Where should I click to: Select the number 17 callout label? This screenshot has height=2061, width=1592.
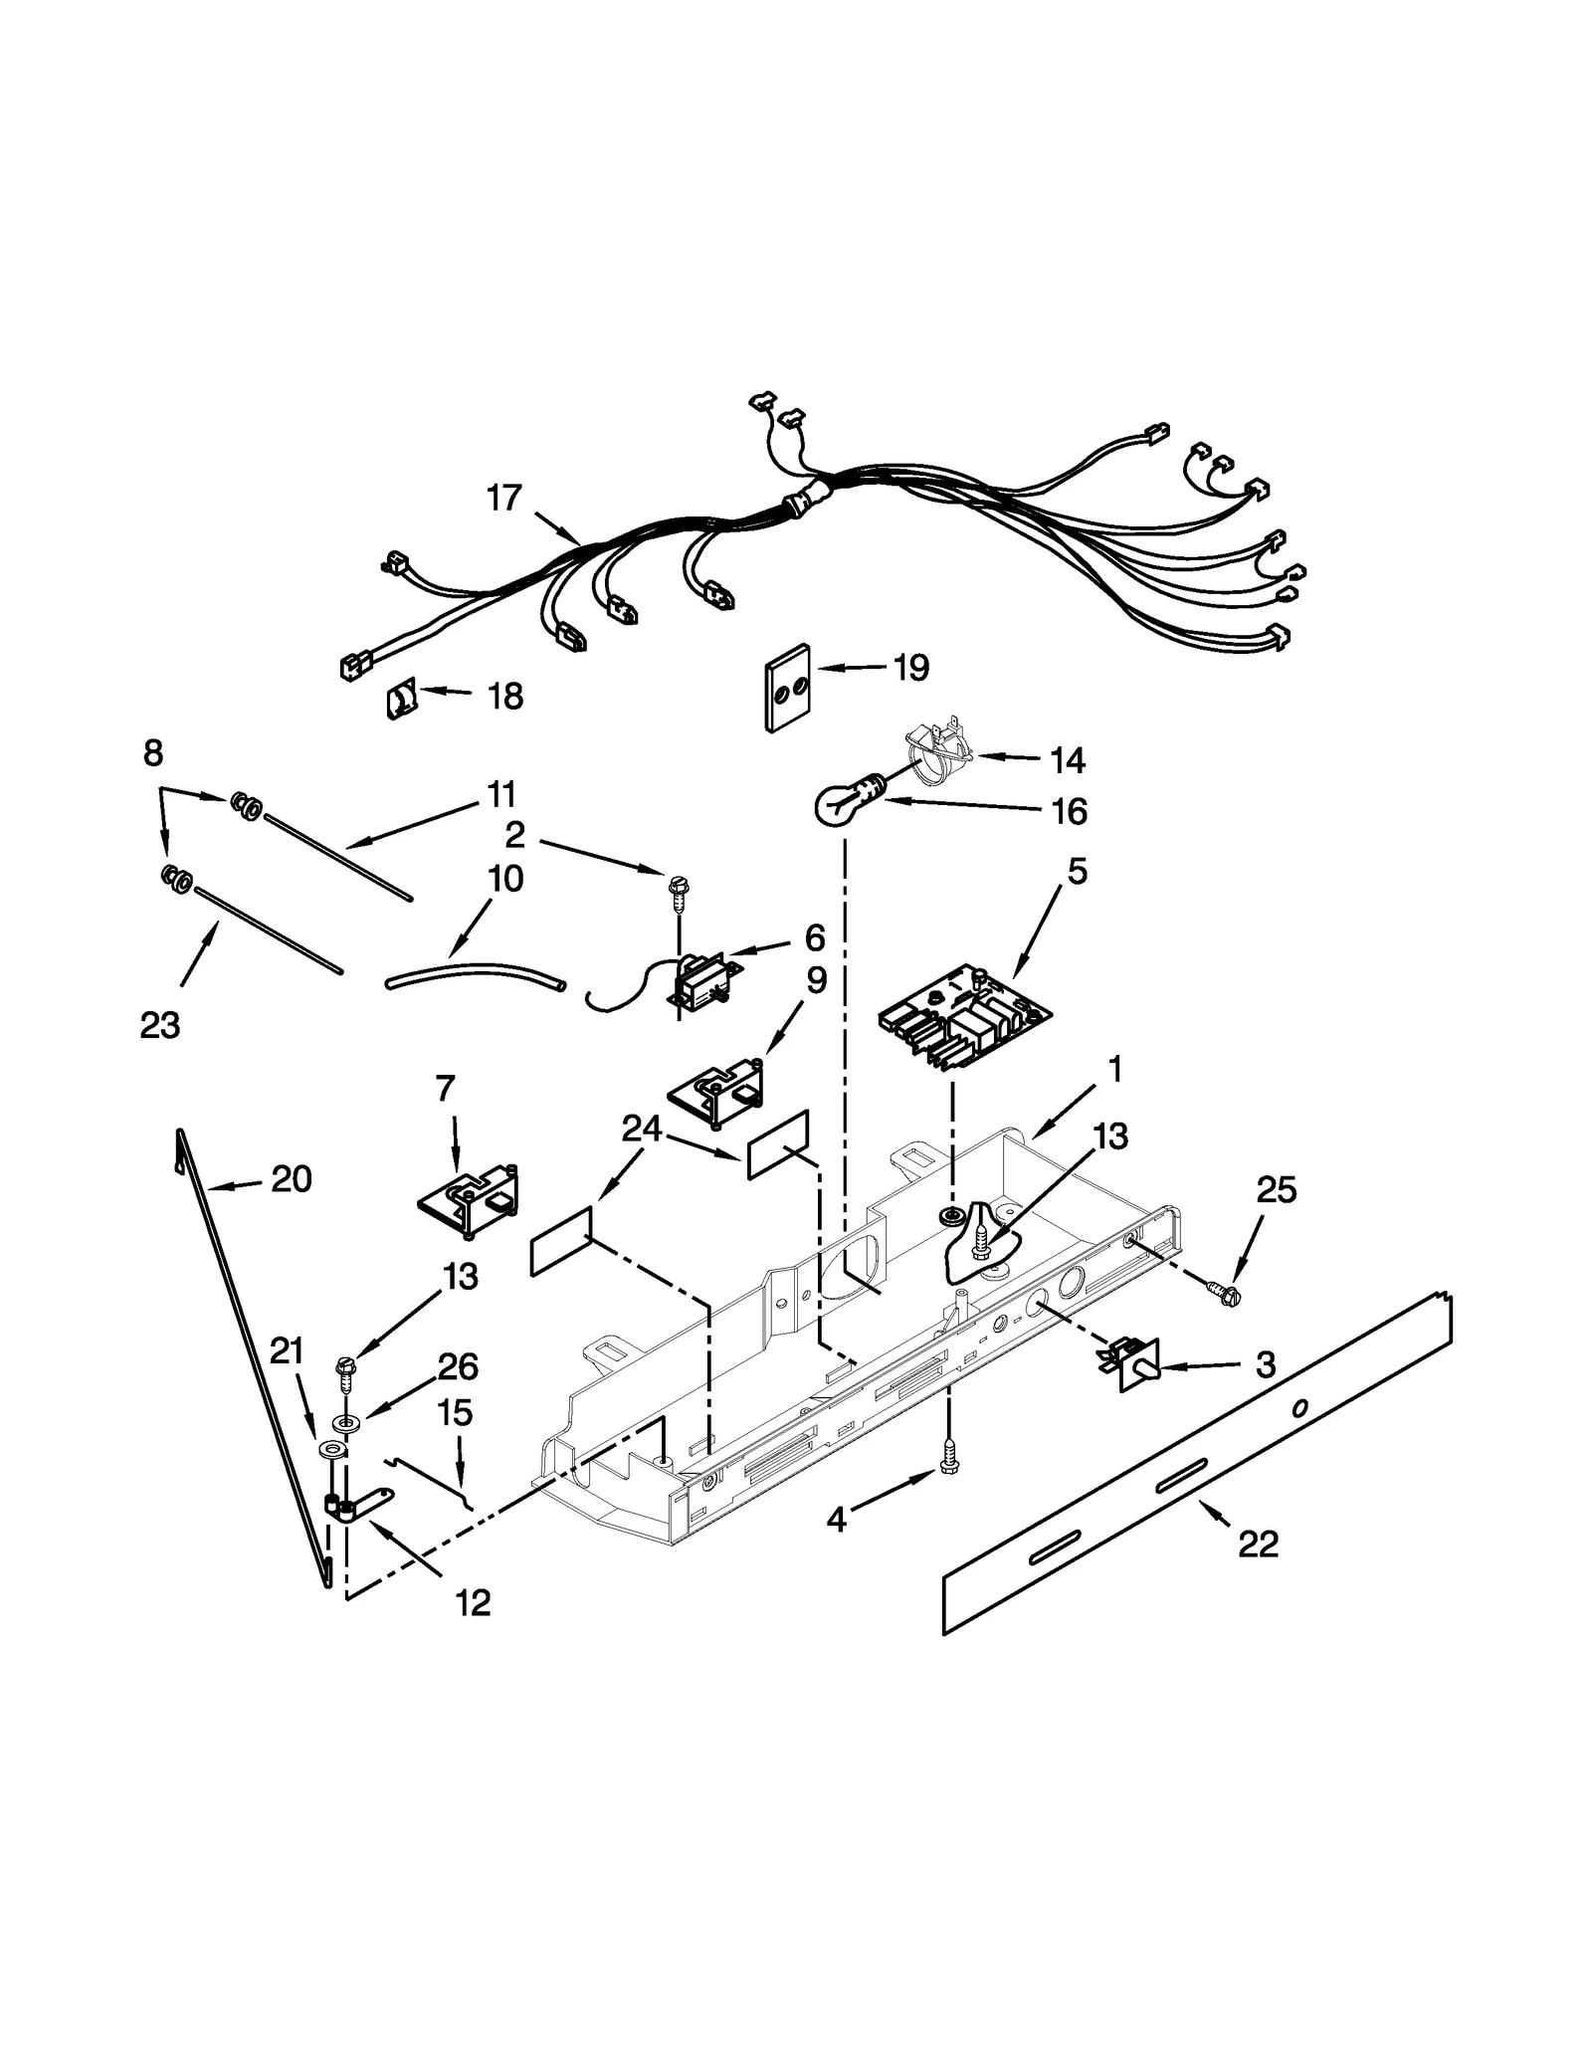504,498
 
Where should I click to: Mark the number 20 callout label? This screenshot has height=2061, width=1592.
291,1179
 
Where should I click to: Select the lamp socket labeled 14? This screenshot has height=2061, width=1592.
937,756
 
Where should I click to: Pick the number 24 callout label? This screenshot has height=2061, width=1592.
641,1129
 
